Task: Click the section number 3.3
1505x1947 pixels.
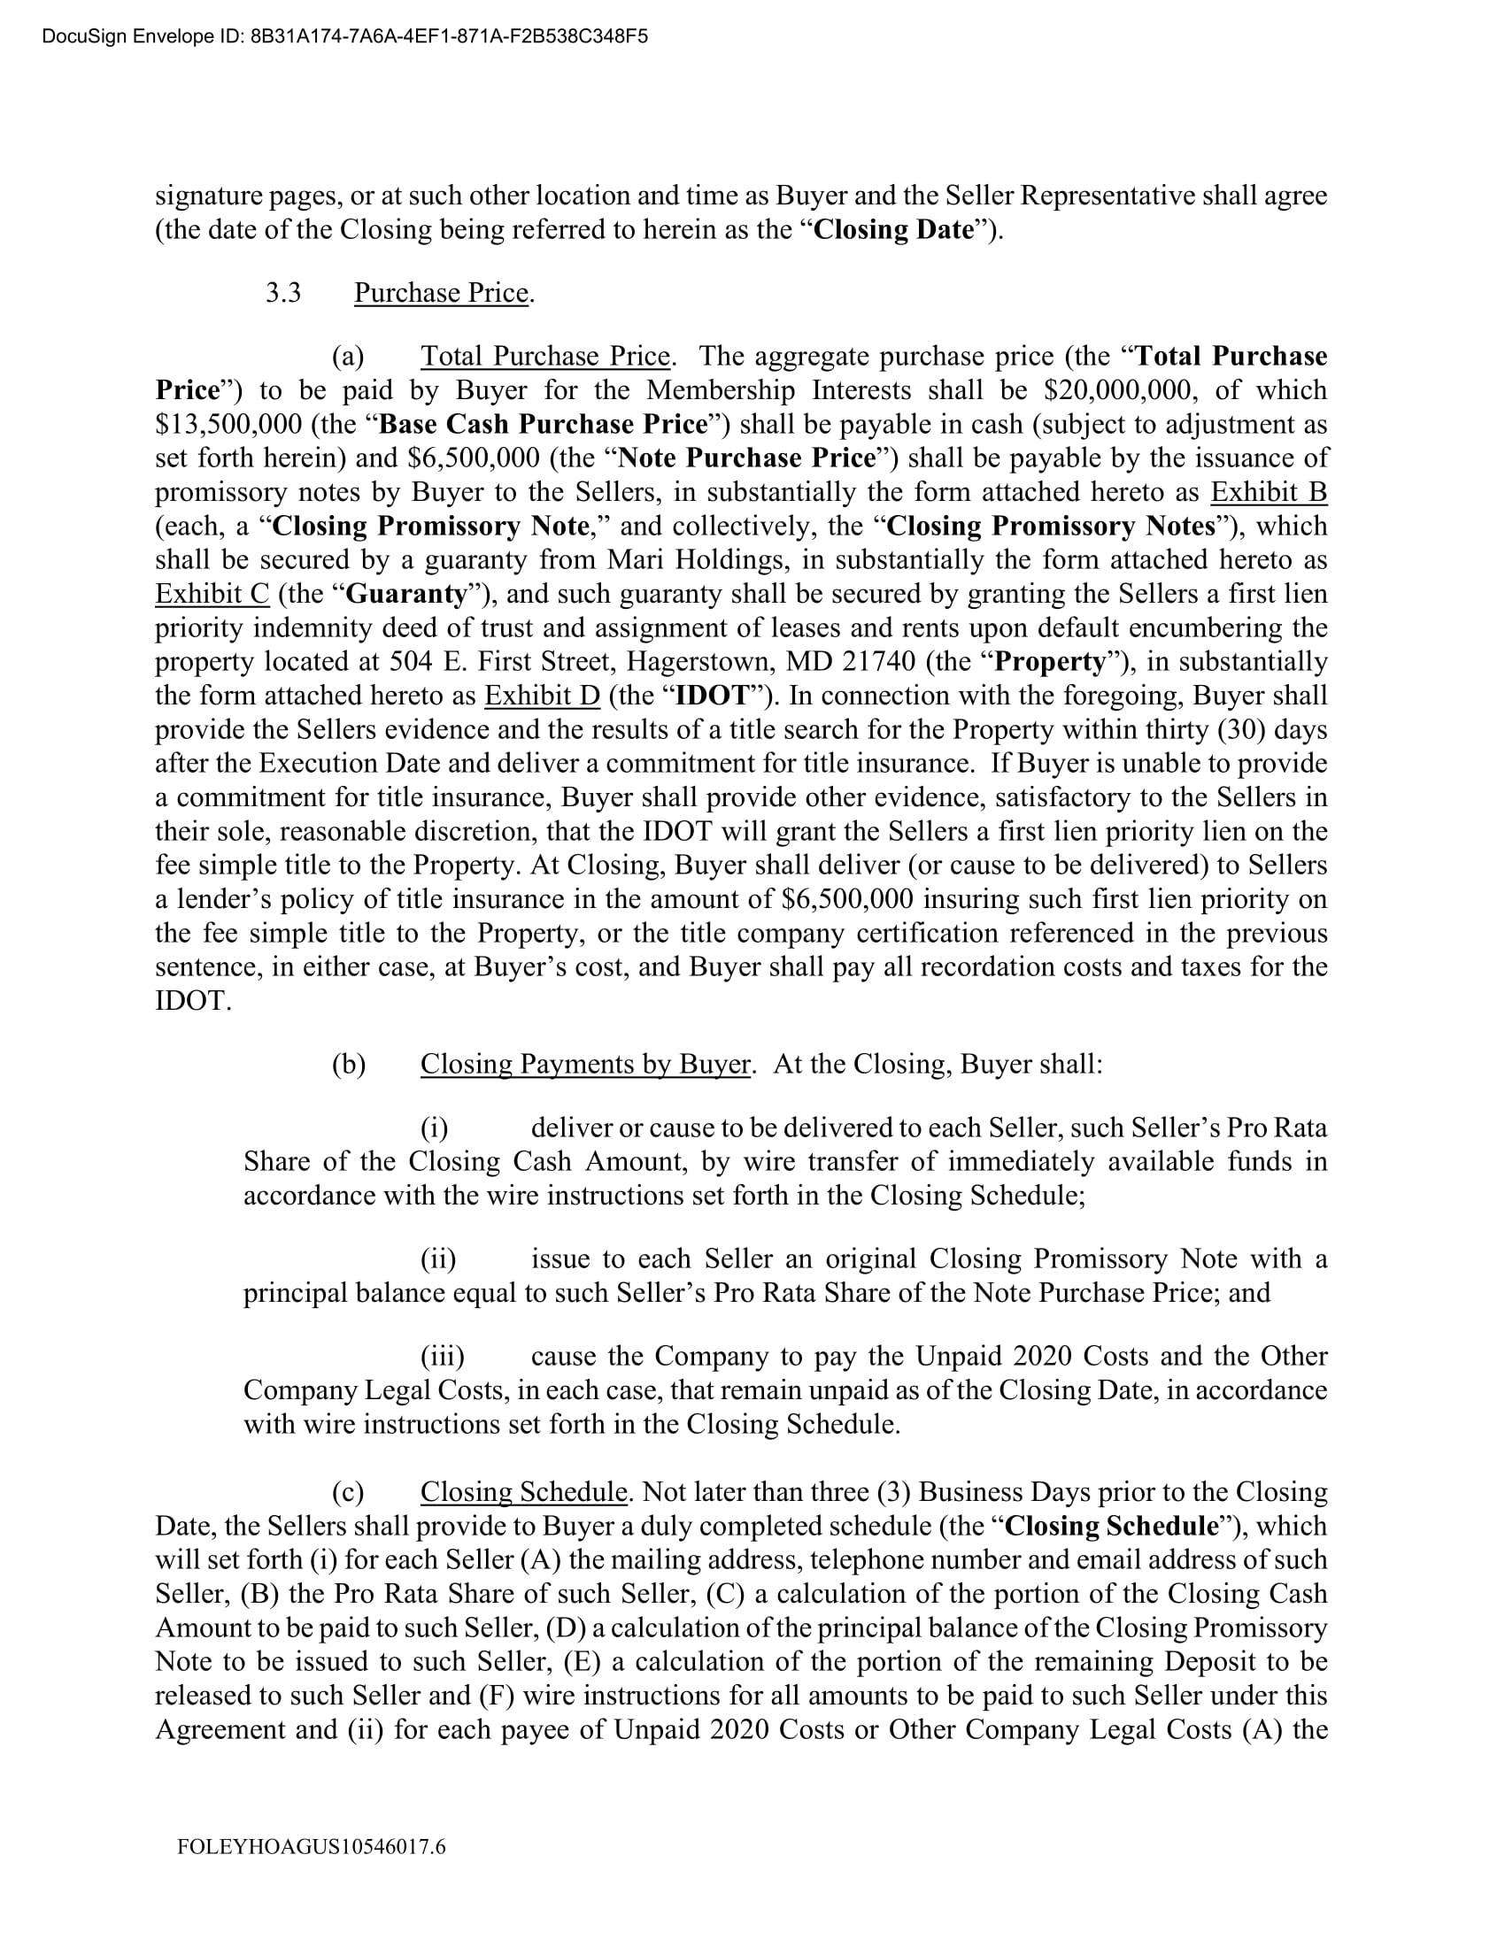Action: [x=282, y=292]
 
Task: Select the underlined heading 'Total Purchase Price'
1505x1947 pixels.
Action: [x=544, y=356]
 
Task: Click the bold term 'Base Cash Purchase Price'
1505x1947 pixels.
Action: [x=543, y=423]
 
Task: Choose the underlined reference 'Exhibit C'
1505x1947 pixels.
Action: [x=212, y=593]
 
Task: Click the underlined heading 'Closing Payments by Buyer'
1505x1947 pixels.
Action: [x=585, y=1064]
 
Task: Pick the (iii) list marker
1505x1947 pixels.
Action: [x=443, y=1356]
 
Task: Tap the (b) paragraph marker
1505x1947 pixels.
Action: [x=349, y=1064]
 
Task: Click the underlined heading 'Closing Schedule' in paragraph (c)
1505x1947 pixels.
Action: [x=523, y=1491]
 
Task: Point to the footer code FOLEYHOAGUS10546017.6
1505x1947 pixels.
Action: [x=311, y=1846]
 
